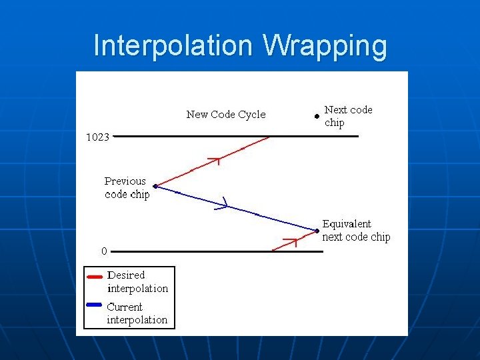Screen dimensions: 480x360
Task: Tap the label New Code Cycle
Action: coord(225,115)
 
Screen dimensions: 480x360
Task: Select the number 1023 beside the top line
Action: coord(98,137)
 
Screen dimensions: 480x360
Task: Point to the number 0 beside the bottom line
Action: coord(104,251)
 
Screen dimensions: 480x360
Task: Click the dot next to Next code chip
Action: coord(316,115)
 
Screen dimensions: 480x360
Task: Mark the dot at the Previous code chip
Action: coord(155,187)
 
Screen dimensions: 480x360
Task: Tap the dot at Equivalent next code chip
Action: coord(317,231)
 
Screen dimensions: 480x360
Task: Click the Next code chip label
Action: coord(348,115)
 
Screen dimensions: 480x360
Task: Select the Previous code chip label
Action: coord(127,187)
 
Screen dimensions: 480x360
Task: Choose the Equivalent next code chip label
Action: coord(356,230)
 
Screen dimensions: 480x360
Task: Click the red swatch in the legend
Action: coord(95,275)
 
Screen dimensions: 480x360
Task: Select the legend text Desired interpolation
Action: coord(137,281)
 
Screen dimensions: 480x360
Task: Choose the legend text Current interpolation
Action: coord(137,313)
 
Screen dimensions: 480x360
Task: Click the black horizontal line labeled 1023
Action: coord(237,137)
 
